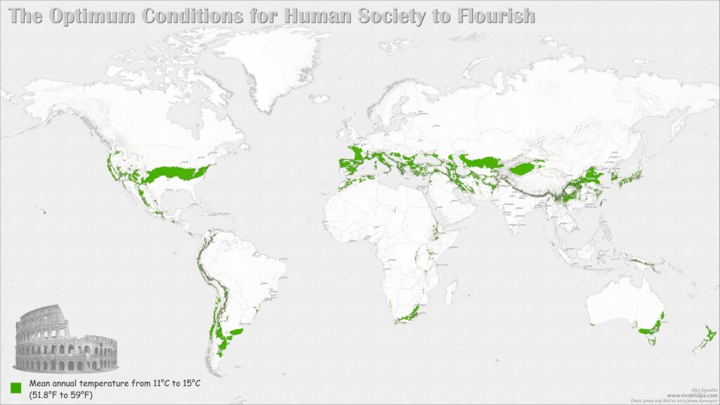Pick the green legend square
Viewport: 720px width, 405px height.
tap(17, 387)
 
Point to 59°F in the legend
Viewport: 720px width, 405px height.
tap(82, 395)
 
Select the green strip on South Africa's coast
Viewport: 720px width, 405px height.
tap(408, 316)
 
